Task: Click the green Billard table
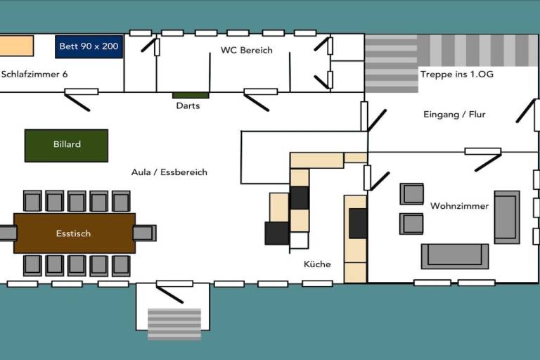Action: [x=66, y=146]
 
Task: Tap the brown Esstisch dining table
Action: [x=75, y=233]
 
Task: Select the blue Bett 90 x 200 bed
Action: [x=89, y=46]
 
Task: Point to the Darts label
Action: [x=188, y=105]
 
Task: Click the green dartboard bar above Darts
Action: [x=191, y=95]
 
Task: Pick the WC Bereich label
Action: [x=247, y=51]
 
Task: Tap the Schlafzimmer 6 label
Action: [x=34, y=74]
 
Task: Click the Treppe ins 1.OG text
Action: [x=457, y=74]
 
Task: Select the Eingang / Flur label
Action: [x=454, y=115]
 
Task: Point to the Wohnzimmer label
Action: [x=459, y=206]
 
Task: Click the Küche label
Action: [x=317, y=264]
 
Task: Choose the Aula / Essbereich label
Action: [x=169, y=172]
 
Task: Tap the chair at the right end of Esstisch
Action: [x=145, y=233]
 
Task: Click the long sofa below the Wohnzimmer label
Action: [x=455, y=257]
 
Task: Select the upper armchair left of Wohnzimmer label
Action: [x=411, y=193]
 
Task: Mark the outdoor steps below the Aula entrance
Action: [x=174, y=324]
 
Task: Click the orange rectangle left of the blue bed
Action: [x=17, y=46]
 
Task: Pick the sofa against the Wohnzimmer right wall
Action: [x=507, y=217]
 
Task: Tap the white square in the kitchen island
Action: [x=299, y=240]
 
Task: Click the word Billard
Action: [x=67, y=144]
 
